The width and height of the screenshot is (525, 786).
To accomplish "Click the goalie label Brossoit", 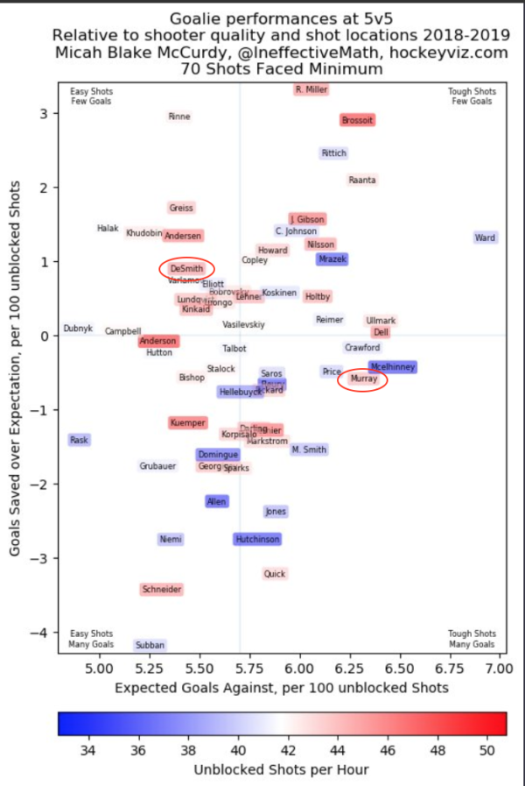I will (x=358, y=120).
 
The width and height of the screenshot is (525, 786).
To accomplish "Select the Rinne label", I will (x=179, y=117).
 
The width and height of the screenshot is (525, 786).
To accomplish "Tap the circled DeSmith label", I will (x=186, y=269).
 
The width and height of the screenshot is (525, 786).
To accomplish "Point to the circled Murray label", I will (x=363, y=379).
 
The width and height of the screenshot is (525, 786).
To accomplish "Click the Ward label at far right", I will (x=486, y=237).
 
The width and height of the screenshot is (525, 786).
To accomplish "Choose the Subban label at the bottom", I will (x=150, y=646).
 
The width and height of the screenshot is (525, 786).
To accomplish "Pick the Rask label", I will (x=80, y=440).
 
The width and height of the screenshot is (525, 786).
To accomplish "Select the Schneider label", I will (x=163, y=590).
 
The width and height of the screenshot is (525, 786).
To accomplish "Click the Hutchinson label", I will (x=257, y=540).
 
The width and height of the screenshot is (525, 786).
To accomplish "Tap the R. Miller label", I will (x=311, y=89).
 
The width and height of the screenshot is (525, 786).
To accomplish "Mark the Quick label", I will (x=275, y=574).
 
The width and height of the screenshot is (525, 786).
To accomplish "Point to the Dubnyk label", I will (x=78, y=329).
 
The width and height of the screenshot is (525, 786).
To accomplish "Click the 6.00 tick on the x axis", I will (x=299, y=669).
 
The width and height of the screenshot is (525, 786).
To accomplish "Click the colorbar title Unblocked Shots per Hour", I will (x=282, y=770).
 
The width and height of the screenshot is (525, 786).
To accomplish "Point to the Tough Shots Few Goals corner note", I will (x=472, y=96).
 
